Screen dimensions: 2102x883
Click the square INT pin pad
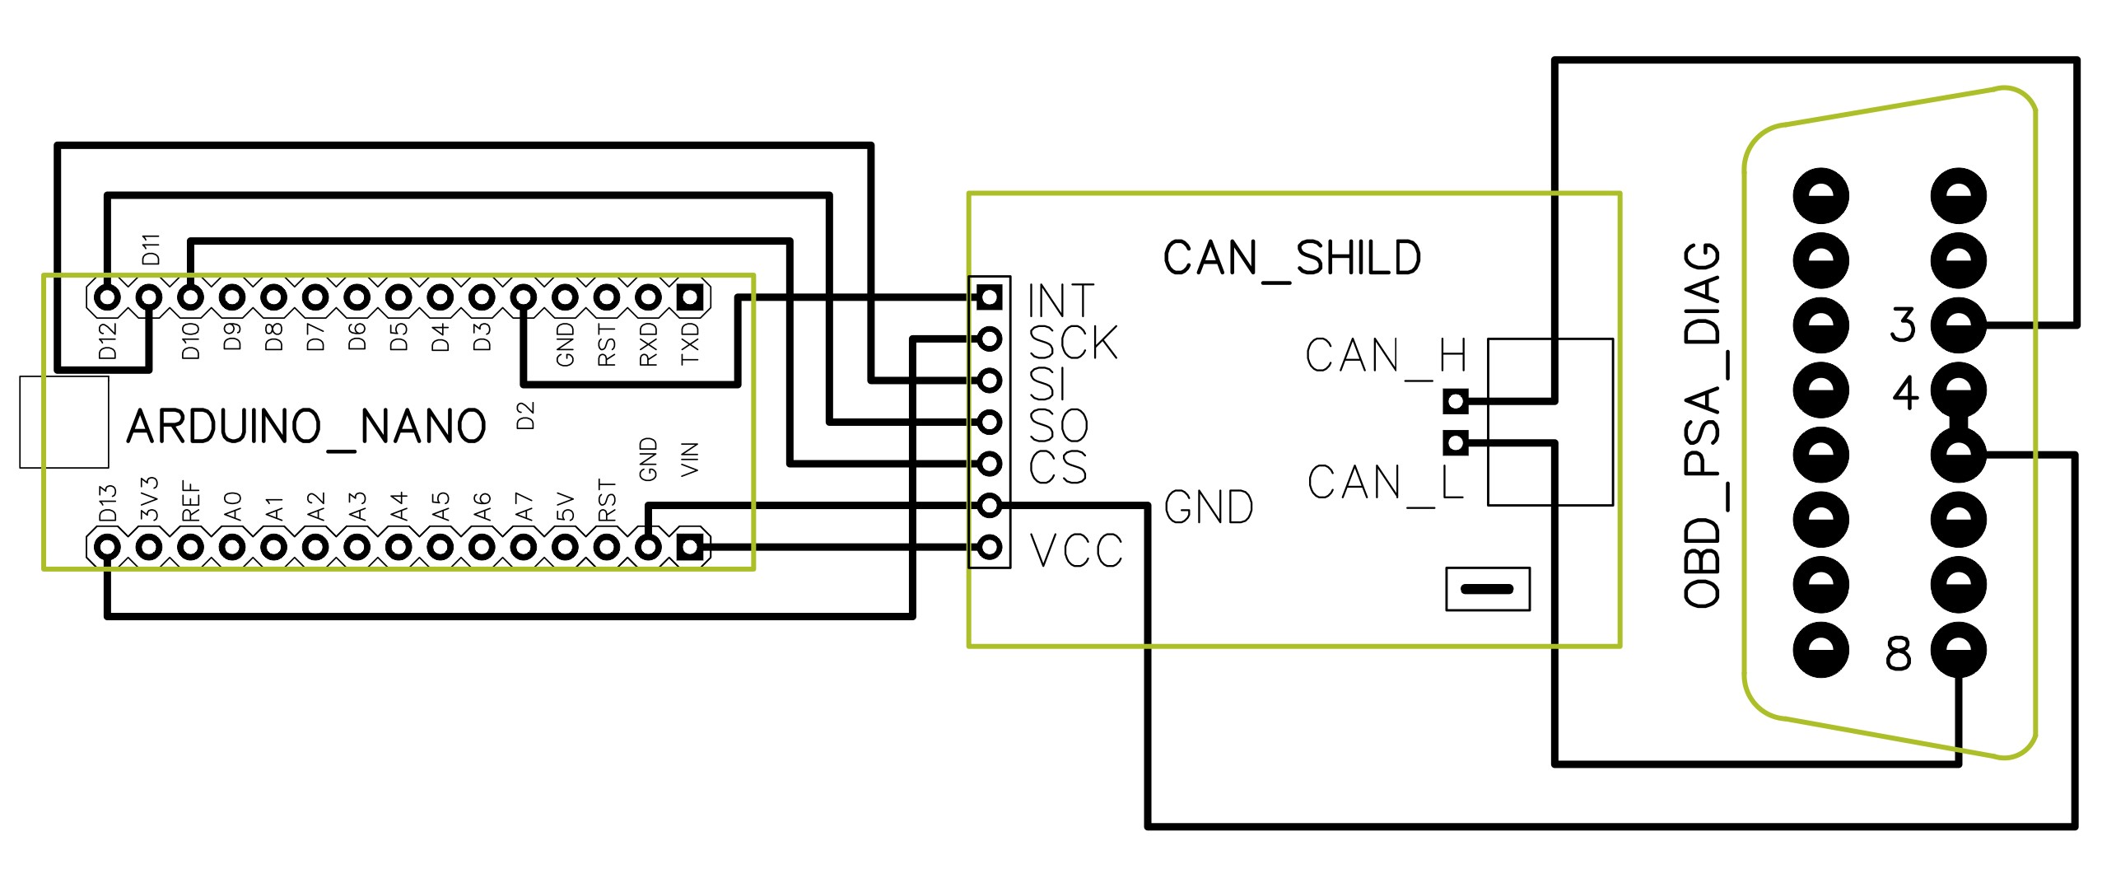click(989, 297)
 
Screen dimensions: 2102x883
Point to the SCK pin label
click(1074, 342)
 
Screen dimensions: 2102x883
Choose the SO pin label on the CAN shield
click(1059, 426)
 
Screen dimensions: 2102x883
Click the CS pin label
click(1058, 466)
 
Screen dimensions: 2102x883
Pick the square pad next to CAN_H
click(1456, 402)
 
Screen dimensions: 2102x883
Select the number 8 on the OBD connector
click(1898, 655)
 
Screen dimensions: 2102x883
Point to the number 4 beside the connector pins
click(1905, 393)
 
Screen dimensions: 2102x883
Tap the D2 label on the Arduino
click(525, 415)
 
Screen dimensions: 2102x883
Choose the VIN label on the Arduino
click(690, 459)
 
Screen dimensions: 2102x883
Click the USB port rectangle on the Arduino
click(64, 422)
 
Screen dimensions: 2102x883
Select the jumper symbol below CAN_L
click(1488, 589)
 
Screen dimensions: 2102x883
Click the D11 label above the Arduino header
click(151, 250)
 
